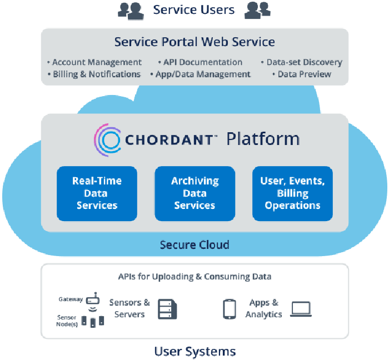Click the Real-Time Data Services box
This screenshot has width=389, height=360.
[97, 193]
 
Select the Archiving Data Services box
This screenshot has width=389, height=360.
[194, 193]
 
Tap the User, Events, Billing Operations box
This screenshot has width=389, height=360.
[292, 193]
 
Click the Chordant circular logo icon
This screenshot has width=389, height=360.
[107, 139]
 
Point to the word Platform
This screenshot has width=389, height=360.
[263, 139]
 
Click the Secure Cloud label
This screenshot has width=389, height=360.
[194, 245]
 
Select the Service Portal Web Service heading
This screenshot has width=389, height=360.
[194, 42]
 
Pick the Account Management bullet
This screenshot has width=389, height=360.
[96, 62]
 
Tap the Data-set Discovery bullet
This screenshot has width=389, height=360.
[303, 62]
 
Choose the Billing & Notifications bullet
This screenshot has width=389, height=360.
[96, 74]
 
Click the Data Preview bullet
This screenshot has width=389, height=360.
[303, 74]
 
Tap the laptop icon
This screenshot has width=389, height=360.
[301, 309]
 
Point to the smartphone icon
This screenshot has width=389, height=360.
[229, 309]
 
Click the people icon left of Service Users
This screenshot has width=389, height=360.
[131, 9]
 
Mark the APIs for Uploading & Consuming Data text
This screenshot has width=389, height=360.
[194, 277]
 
